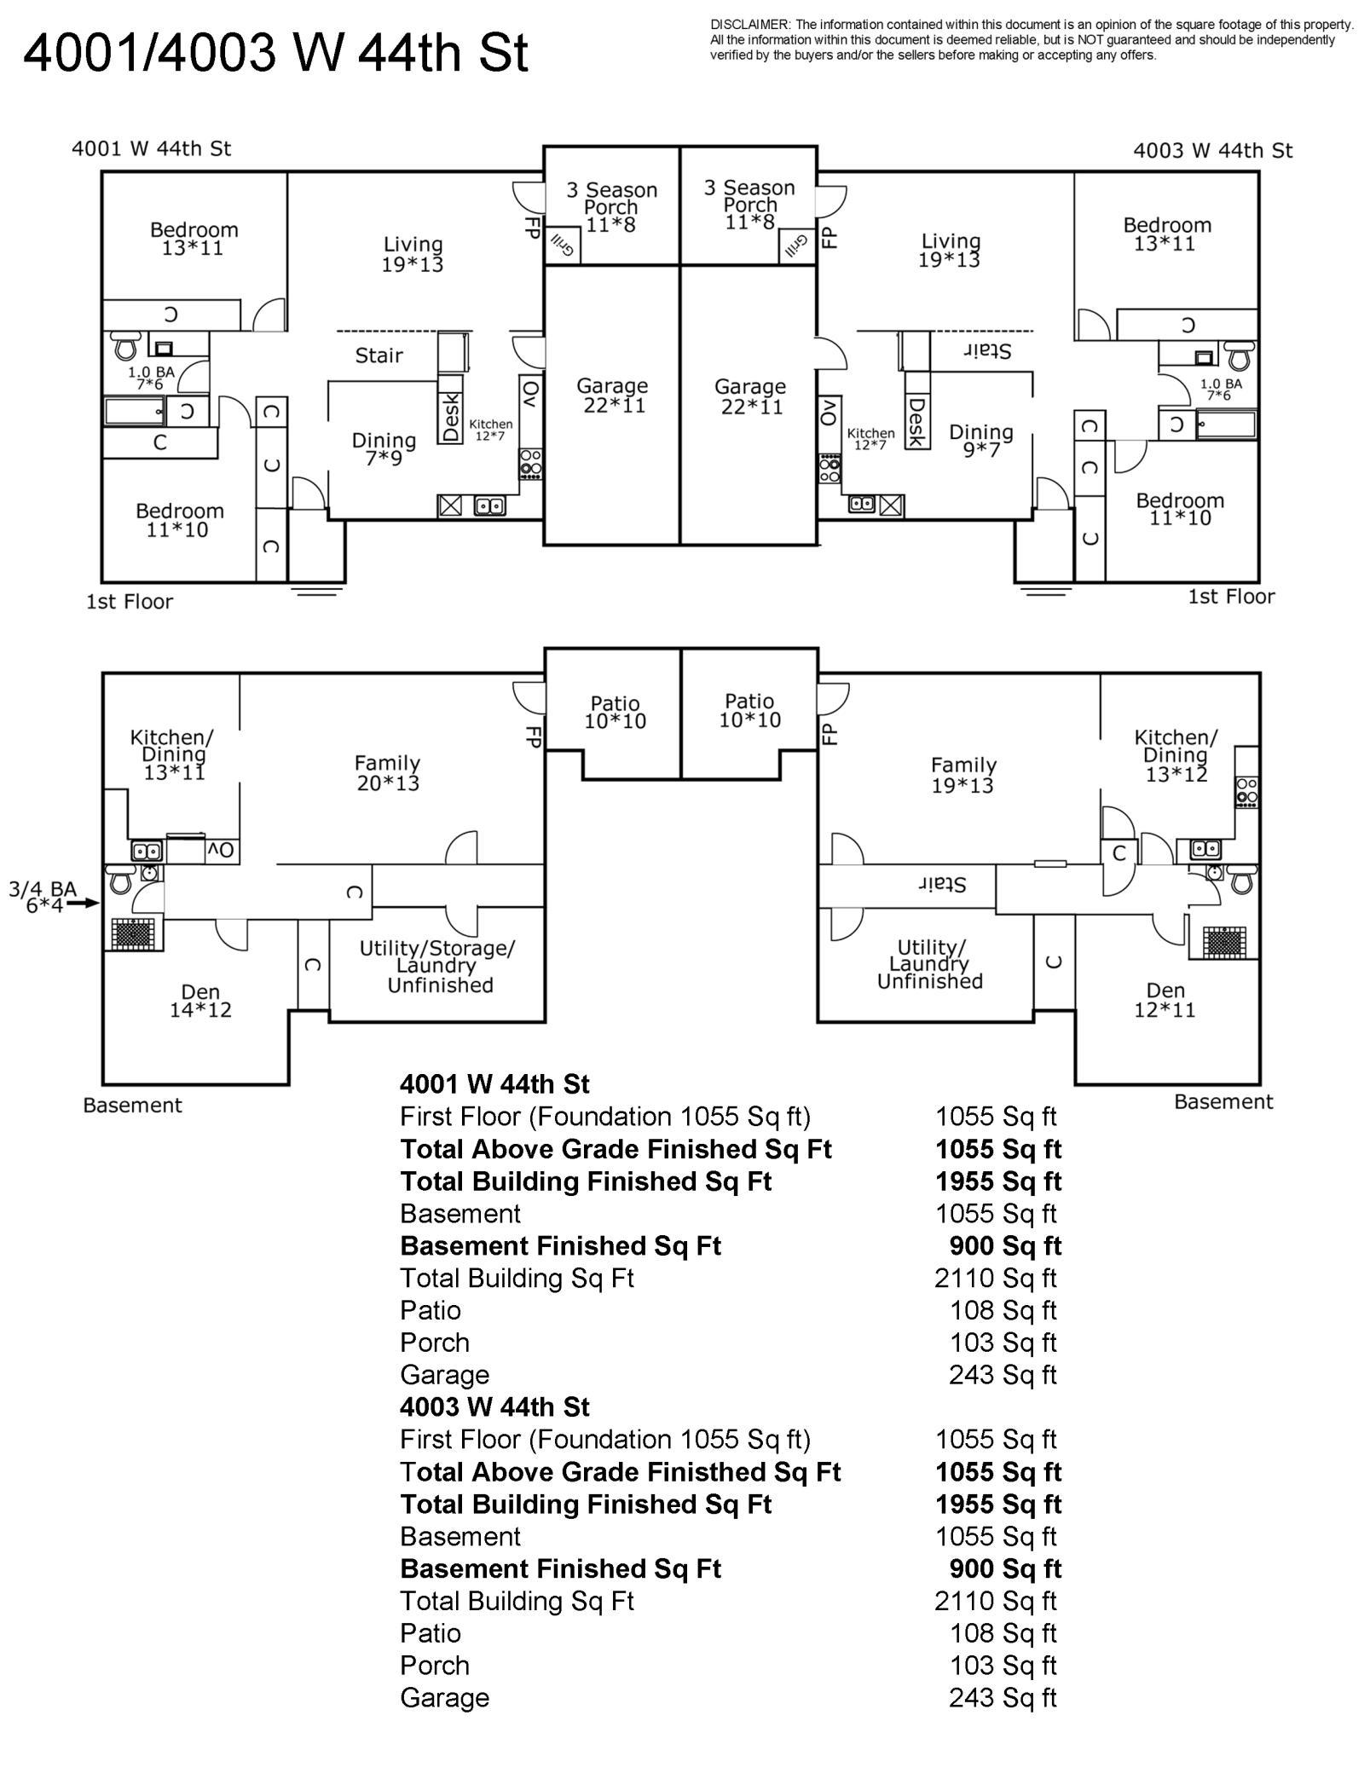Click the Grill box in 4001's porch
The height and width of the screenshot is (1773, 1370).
point(562,246)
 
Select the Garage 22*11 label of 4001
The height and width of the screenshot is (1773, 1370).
point(612,396)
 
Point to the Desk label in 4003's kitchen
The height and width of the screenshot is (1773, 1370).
point(916,422)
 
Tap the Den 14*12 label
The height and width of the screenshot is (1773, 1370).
point(200,1001)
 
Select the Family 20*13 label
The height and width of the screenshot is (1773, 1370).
point(388,772)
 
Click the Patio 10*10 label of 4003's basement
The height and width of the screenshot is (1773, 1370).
point(749,710)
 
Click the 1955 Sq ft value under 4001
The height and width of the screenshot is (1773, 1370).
point(997,1181)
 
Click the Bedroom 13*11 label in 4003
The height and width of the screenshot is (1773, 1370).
point(1166,234)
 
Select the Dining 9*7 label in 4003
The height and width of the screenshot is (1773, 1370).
point(981,440)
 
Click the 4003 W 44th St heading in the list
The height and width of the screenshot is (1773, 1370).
point(494,1406)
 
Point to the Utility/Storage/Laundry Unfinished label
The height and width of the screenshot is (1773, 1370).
point(437,967)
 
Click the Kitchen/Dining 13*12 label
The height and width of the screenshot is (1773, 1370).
point(1176,755)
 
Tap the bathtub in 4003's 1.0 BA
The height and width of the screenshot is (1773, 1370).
point(1226,424)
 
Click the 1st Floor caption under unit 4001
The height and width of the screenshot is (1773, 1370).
point(130,602)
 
